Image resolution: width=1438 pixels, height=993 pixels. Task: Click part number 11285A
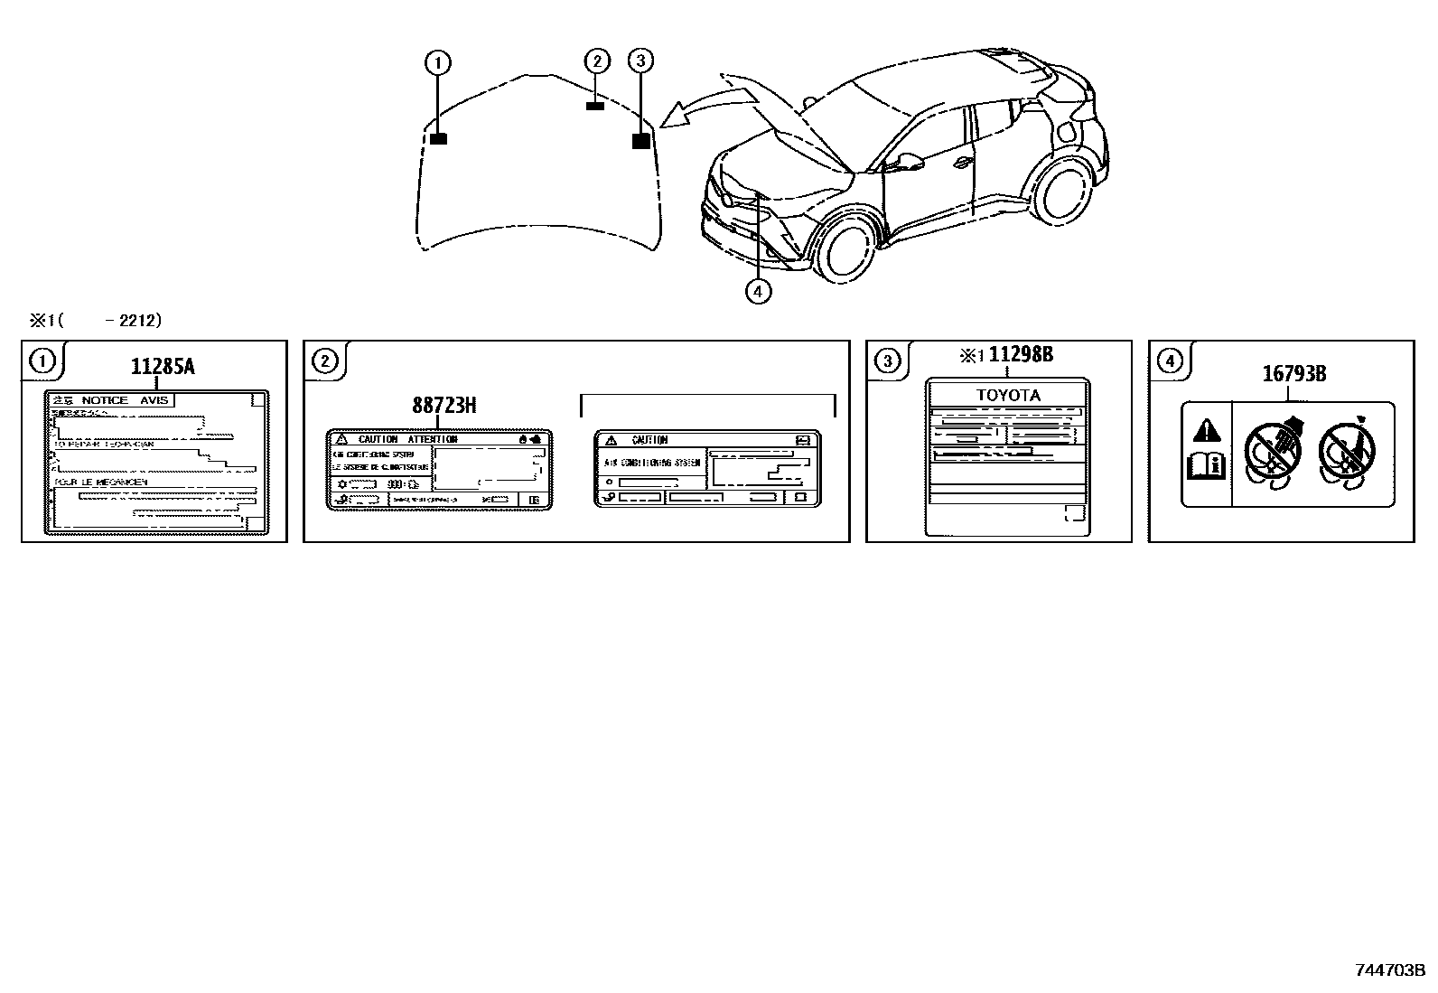[162, 366]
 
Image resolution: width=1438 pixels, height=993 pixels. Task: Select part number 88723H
[444, 406]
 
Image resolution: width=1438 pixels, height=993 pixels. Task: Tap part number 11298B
[1021, 354]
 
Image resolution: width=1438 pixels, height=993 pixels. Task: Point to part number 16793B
[1293, 373]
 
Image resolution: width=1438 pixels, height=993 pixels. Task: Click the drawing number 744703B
[1389, 970]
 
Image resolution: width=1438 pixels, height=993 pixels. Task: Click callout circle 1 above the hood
[438, 63]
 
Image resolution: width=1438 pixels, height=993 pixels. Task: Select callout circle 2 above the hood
[597, 61]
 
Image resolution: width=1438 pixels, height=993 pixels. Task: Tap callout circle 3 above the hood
[640, 61]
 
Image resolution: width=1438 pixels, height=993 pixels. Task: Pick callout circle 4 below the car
[758, 291]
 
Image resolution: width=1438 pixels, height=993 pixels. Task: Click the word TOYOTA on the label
[1008, 395]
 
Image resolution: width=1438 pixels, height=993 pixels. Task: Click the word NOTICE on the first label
[105, 400]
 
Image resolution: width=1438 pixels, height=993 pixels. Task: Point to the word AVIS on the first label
[154, 400]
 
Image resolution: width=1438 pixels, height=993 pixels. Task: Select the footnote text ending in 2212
[96, 320]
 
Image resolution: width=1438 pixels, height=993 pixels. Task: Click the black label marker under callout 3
[640, 140]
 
